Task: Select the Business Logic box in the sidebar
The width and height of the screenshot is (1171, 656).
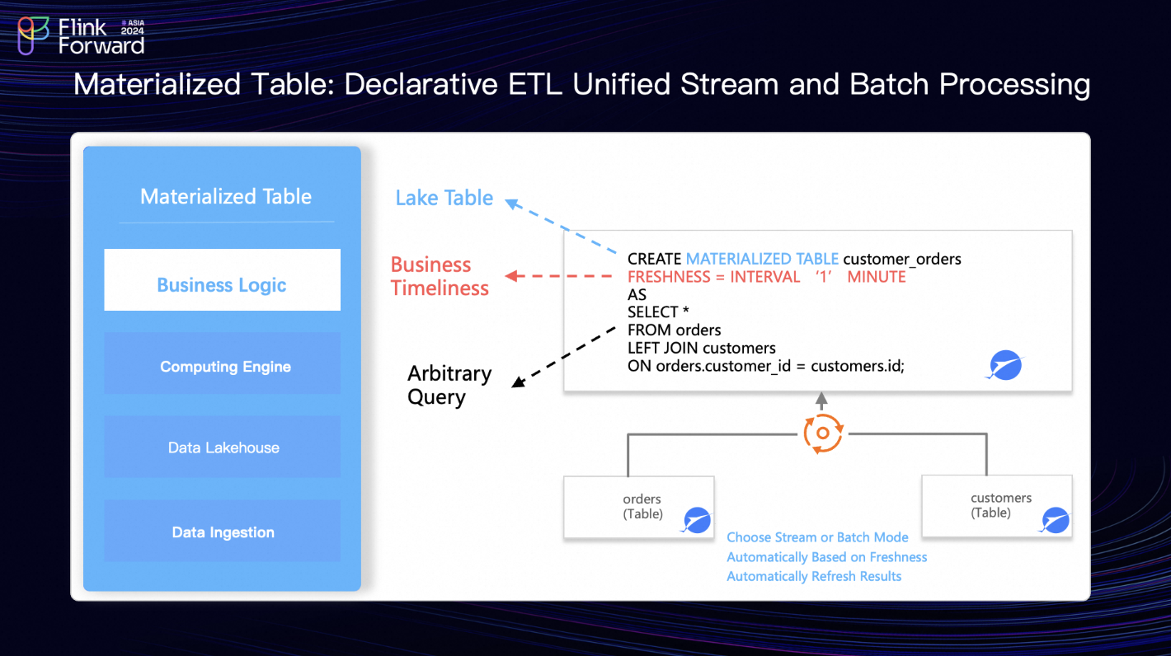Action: click(222, 280)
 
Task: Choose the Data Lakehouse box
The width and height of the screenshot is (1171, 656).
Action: click(222, 447)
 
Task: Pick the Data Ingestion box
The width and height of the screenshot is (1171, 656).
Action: click(222, 532)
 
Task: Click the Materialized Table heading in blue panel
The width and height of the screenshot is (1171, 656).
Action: click(226, 196)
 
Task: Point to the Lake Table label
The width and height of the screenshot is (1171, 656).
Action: click(444, 198)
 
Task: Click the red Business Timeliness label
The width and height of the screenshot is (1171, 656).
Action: click(439, 276)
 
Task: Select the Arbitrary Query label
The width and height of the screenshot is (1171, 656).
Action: click(449, 385)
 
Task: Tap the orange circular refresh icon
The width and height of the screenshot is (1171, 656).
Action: click(822, 433)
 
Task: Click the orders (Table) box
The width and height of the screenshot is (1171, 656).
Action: click(638, 507)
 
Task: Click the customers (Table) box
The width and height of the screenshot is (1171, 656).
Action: click(996, 506)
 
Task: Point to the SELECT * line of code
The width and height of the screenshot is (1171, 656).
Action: click(657, 312)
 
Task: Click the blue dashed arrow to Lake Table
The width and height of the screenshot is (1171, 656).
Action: click(562, 227)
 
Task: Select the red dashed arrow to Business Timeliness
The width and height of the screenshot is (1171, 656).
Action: click(561, 277)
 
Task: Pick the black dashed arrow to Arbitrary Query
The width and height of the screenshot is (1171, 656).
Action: click(564, 356)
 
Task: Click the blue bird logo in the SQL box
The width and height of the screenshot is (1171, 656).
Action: click(1004, 365)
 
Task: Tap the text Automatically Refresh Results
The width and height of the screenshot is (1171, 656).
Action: click(813, 576)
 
